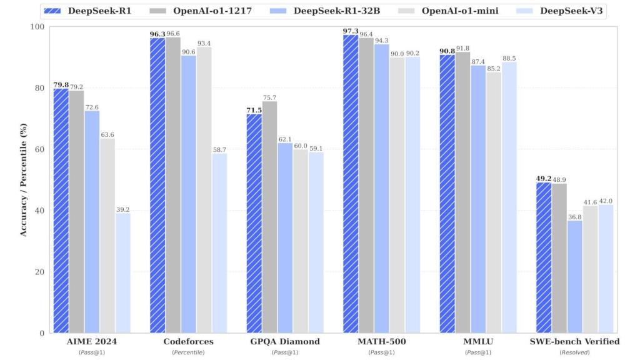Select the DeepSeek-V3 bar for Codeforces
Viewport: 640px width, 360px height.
tap(219, 243)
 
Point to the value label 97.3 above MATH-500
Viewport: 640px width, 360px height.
tap(351, 30)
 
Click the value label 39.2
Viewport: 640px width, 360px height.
tap(122, 209)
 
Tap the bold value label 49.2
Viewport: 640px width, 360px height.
tap(543, 178)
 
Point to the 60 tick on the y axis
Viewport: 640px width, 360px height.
tap(41, 149)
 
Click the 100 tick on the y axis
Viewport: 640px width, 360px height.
tap(39, 27)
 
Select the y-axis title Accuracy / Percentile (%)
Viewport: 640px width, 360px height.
tap(24, 179)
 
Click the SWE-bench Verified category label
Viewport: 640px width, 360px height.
tap(574, 341)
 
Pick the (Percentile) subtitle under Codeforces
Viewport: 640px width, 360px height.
tap(188, 352)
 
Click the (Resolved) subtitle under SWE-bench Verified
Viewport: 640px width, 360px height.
tap(574, 352)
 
